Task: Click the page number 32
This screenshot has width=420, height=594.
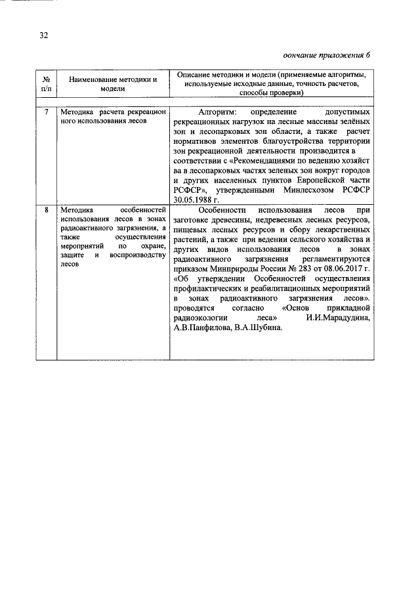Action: point(43,34)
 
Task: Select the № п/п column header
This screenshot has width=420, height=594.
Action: point(45,84)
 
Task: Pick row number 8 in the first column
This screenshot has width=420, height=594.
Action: point(45,209)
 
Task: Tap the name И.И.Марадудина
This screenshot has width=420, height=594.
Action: point(339,318)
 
